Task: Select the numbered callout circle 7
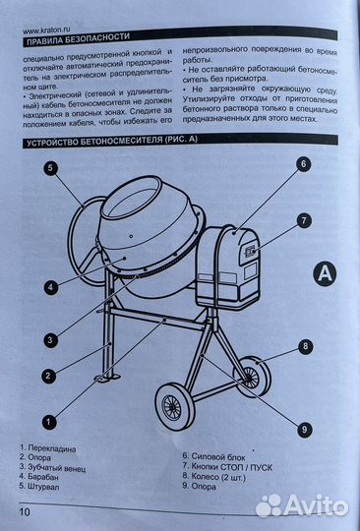click(x=304, y=220)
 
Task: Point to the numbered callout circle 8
click(x=305, y=346)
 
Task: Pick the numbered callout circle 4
click(x=49, y=289)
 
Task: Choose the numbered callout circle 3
click(x=49, y=339)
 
